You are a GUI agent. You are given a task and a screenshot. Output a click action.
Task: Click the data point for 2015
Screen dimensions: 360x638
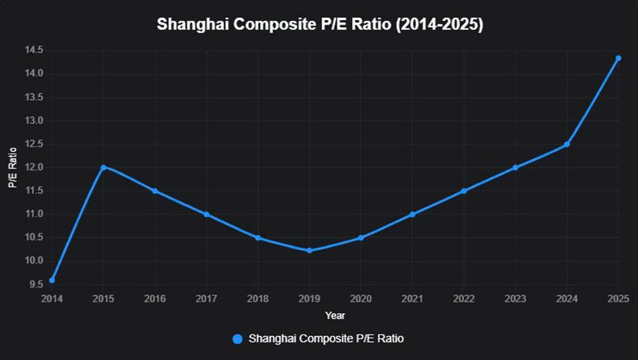[x=103, y=167]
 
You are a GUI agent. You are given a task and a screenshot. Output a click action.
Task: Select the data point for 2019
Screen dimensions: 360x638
[x=309, y=250]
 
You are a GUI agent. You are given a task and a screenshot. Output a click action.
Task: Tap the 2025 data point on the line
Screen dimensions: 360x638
[x=618, y=58]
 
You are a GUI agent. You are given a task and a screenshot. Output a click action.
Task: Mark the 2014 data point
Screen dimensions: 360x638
[x=52, y=280]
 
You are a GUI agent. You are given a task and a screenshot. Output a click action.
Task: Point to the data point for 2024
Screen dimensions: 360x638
[x=566, y=144]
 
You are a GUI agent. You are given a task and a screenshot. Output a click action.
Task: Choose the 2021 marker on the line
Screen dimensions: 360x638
[x=412, y=214]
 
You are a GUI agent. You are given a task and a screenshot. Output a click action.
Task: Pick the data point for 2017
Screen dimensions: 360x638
[x=207, y=214]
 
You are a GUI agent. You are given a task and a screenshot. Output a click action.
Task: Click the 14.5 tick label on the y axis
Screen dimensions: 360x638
[x=33, y=51]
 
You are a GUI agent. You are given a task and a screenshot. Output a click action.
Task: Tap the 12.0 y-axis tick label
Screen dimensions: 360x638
[x=33, y=167]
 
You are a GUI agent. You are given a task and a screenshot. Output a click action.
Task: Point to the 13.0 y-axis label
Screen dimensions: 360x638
[x=33, y=121]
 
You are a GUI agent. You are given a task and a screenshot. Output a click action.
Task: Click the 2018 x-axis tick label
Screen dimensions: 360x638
[x=257, y=298]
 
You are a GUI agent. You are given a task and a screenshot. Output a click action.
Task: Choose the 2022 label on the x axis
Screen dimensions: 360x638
[x=463, y=298]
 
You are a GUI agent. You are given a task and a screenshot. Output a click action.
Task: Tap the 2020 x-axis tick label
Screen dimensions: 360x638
[x=361, y=298]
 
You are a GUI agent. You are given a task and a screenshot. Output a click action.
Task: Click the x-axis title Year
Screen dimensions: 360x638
[x=334, y=315]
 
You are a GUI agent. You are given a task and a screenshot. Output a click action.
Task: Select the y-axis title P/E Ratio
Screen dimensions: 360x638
[x=12, y=167]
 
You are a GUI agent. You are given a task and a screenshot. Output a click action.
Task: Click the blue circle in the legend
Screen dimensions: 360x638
[x=237, y=338]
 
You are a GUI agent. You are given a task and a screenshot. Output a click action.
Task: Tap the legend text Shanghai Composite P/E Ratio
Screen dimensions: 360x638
[x=326, y=338]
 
